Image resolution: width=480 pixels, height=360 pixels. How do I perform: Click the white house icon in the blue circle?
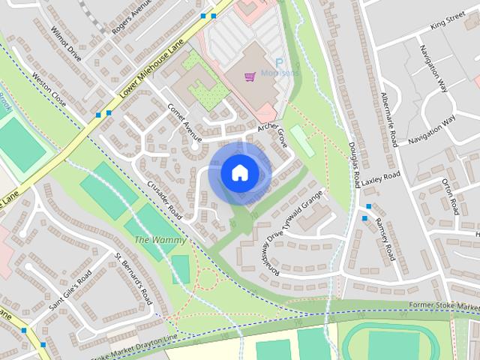click(238, 172)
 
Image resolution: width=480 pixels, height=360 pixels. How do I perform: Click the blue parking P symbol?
click(279, 64)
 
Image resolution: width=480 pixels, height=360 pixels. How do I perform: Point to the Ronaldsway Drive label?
click(271, 252)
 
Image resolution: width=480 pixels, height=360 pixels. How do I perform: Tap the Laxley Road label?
click(382, 178)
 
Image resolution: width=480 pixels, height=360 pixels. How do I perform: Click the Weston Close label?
click(49, 90)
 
